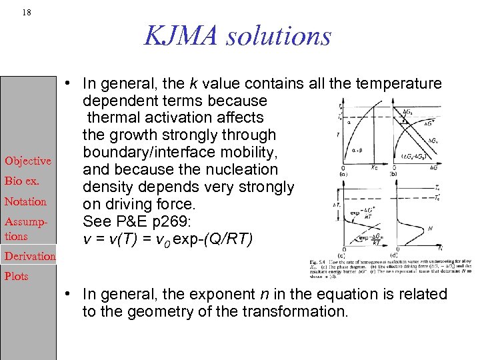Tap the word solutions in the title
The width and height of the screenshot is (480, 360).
279,35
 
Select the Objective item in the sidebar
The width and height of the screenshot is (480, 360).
28,161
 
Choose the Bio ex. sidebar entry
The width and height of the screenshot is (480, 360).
23,181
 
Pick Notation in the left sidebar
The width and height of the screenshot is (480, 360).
25,201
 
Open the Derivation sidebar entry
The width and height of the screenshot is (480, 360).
31,256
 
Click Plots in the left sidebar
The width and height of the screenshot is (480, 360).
17,276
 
